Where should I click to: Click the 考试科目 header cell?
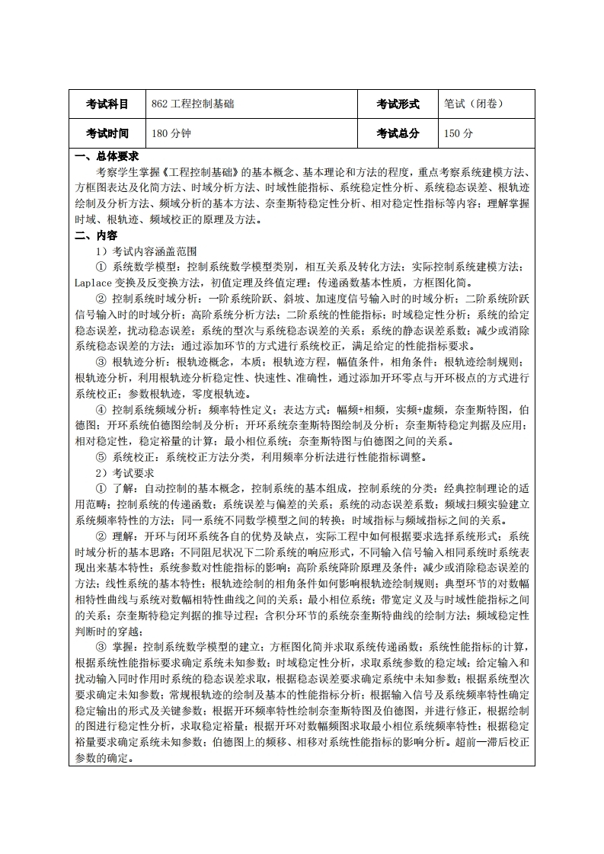[107, 104]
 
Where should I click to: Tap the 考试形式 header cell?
[398, 104]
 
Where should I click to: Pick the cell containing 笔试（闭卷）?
[474, 104]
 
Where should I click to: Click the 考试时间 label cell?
[107, 133]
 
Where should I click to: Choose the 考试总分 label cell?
[398, 133]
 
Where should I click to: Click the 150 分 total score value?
[459, 133]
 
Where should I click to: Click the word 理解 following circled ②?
[124, 536]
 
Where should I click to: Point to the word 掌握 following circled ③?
[124, 648]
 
